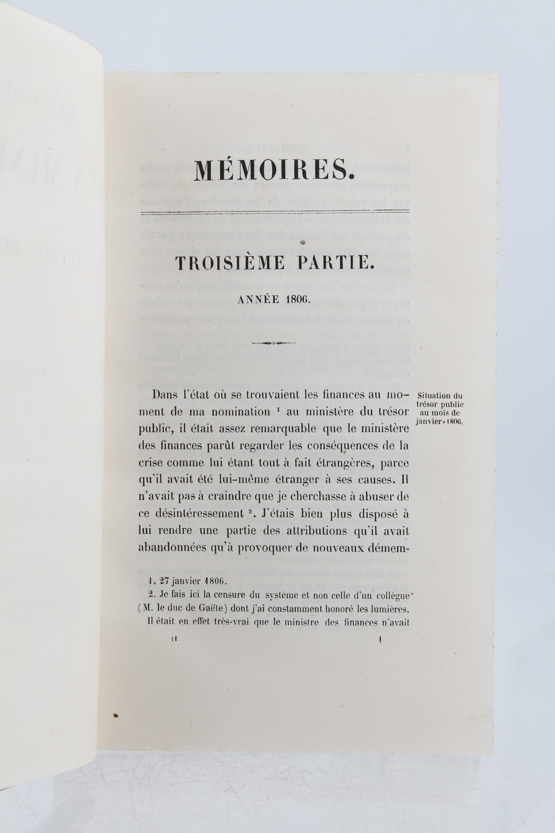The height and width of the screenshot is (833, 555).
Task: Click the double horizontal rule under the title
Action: point(275,212)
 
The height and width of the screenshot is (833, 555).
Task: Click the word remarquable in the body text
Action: point(292,429)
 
